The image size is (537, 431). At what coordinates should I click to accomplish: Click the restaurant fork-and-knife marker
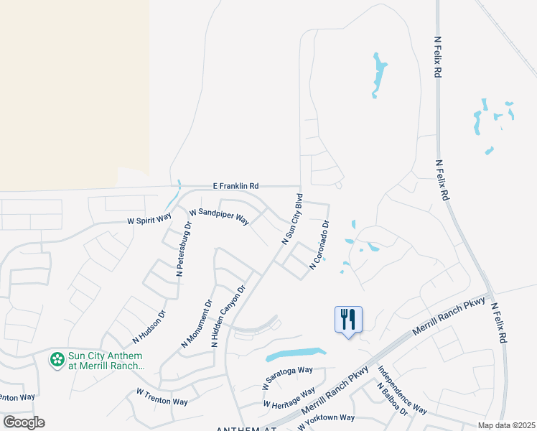(x=348, y=319)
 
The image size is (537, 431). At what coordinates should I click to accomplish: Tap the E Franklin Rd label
(x=235, y=185)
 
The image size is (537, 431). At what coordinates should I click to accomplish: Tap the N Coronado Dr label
(x=319, y=245)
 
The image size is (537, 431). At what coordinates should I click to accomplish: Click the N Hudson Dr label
(x=149, y=326)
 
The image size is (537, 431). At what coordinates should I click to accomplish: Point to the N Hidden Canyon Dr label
(x=228, y=317)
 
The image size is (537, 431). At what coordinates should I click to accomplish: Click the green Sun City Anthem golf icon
(x=57, y=359)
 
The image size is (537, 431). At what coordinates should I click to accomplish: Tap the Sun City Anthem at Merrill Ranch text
(x=106, y=361)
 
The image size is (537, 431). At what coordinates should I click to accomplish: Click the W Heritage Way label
(x=289, y=398)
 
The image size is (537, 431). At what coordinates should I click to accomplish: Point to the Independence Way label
(x=402, y=391)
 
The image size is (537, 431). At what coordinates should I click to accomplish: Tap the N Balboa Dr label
(x=392, y=400)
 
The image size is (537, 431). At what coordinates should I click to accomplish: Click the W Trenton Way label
(x=161, y=397)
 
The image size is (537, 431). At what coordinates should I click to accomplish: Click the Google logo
(x=24, y=422)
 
